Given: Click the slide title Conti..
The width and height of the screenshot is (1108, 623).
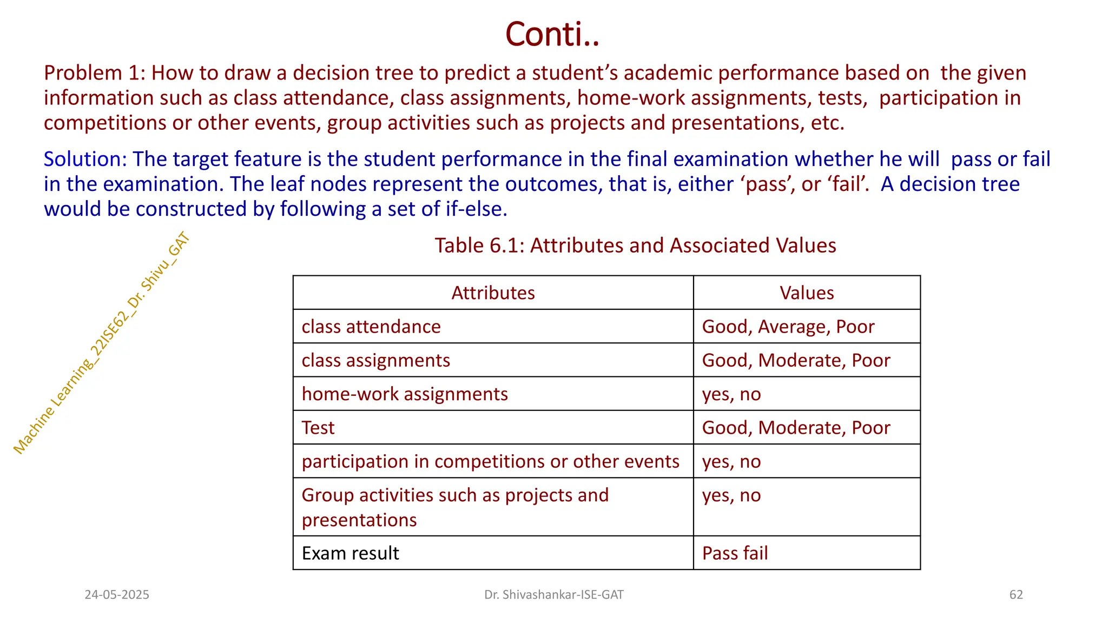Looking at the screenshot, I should point(552,34).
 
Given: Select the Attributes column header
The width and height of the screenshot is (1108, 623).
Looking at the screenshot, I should point(493,293).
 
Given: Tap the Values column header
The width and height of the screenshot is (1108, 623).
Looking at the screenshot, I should point(806,293).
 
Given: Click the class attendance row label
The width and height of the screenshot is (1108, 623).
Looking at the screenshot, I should point(371,327).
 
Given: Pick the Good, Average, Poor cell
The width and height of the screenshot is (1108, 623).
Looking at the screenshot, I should point(788,327).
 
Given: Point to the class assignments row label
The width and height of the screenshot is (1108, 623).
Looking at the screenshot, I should point(375,360).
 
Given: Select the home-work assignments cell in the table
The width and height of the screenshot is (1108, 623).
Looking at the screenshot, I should point(405,394).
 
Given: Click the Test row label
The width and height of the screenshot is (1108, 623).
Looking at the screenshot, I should point(318,428).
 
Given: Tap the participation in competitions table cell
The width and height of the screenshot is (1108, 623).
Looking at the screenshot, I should point(490,461).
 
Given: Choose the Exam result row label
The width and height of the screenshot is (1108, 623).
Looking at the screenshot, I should point(351,553).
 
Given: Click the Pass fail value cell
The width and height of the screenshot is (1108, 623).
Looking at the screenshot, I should point(735,553).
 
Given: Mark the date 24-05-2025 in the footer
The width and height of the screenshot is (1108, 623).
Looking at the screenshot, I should point(117,595).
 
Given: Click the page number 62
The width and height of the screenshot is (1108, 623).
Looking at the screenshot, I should point(1016,595).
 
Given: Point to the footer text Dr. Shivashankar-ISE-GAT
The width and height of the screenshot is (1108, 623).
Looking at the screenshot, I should point(553,595).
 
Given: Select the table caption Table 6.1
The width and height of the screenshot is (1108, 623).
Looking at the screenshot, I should point(635,246).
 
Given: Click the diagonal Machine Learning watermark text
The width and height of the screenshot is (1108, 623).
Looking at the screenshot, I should point(101,343).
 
